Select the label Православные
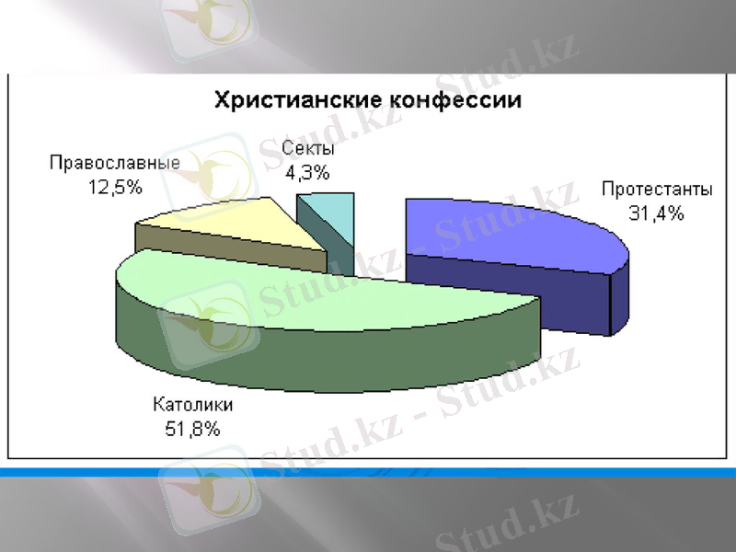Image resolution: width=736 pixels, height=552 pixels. coord(114,163)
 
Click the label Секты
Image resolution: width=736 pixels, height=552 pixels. coord(308,149)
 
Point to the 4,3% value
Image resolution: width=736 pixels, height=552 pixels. coord(307,172)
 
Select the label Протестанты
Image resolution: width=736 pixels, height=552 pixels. coord(657,190)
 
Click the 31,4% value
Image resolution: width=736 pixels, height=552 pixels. coord(656,214)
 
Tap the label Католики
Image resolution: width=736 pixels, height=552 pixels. coord(193,405)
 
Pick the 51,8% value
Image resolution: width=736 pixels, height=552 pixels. coord(193,428)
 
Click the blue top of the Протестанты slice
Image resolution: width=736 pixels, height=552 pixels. coord(515,230)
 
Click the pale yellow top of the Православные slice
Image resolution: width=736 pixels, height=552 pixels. coord(239,221)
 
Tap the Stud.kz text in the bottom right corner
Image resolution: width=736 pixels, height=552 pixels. coord(506,524)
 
